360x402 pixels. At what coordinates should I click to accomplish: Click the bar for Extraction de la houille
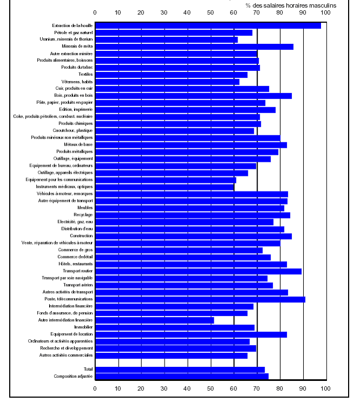[x=208, y=25]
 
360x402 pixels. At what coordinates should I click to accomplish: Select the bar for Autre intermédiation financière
[x=154, y=320]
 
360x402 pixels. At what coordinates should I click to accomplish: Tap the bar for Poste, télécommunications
[x=200, y=299]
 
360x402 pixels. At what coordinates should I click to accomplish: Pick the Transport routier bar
[x=198, y=271]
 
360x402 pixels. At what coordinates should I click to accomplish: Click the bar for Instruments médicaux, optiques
[x=165, y=187]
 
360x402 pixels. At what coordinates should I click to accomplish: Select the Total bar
[x=180, y=370]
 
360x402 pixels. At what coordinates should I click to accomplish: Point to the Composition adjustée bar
[x=182, y=376]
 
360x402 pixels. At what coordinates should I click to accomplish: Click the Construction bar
[x=193, y=236]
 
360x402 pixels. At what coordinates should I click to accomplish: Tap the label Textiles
[x=86, y=74]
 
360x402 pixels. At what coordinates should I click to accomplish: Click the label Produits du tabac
[x=77, y=67]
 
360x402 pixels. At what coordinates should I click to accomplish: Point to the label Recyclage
[x=83, y=215]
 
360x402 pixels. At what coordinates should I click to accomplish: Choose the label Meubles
[x=86, y=208]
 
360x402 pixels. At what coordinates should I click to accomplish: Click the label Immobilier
[x=83, y=327]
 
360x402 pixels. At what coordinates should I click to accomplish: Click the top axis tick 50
[x=210, y=12]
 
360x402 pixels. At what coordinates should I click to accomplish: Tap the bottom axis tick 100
[x=326, y=388]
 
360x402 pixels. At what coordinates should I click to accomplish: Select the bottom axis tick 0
[x=95, y=388]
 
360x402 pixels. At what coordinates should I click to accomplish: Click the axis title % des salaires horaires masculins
[x=291, y=5]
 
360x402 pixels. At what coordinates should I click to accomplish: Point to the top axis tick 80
[x=279, y=12]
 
